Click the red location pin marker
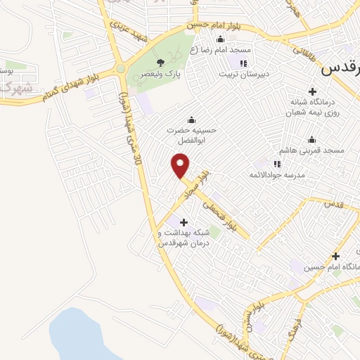(181, 165)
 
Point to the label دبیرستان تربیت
(243, 73)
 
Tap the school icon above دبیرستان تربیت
(243, 63)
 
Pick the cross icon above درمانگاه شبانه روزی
(313, 91)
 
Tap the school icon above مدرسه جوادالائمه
(276, 163)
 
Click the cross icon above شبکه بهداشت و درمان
(186, 222)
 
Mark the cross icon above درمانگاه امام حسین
(335, 256)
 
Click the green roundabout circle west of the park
(121, 70)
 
